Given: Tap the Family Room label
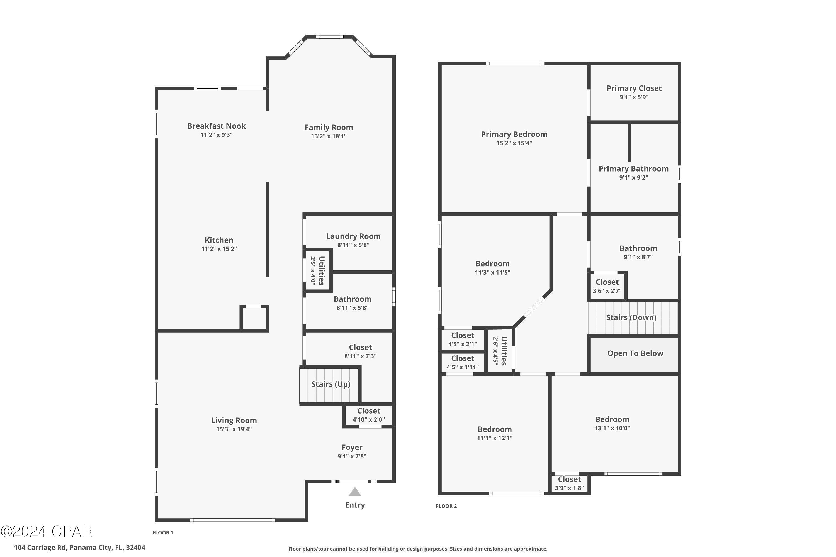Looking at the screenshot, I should (329, 127).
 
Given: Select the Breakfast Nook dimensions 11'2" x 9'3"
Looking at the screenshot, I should (216, 135).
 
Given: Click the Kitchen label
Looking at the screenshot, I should (219, 240).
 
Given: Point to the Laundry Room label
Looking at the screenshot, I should (353, 236).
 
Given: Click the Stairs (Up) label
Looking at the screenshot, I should (330, 384).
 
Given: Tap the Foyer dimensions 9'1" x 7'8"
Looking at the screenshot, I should (352, 456).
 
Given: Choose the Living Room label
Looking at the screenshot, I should (234, 420).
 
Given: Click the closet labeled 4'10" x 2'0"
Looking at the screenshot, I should (369, 415).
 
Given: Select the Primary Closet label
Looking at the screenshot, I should (634, 88).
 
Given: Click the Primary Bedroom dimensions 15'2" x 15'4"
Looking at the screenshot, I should (514, 143).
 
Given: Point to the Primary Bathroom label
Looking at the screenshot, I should (633, 169).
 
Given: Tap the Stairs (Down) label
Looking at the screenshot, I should (631, 317).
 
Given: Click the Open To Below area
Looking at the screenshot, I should (635, 353).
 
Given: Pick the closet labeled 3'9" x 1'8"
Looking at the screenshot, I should (569, 483).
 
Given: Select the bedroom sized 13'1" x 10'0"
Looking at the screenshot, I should (612, 423).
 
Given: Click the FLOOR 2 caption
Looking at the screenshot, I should (446, 506).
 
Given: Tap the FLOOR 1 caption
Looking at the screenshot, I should (163, 532).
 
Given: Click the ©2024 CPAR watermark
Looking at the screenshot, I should (47, 532).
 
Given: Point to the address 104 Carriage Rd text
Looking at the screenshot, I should (80, 548).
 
